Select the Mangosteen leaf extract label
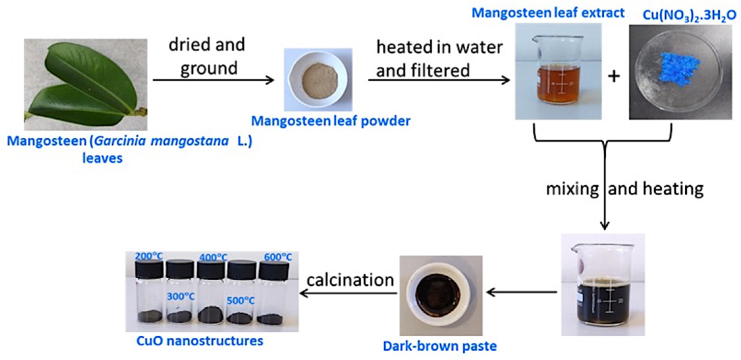[x=548, y=13]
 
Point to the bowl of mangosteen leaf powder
[x=319, y=80]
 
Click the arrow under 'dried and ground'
[x=213, y=80]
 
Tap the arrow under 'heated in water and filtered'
[x=439, y=80]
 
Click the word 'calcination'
[x=350, y=280]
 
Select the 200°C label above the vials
[x=149, y=256]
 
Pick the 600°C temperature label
[x=277, y=257]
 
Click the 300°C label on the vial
[x=181, y=297]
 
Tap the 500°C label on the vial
[x=240, y=301]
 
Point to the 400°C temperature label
[x=213, y=257]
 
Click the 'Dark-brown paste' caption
[x=440, y=346]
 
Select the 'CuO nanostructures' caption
[x=199, y=341]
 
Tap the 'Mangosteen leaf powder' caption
[x=331, y=121]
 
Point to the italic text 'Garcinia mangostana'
[x=161, y=141]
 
